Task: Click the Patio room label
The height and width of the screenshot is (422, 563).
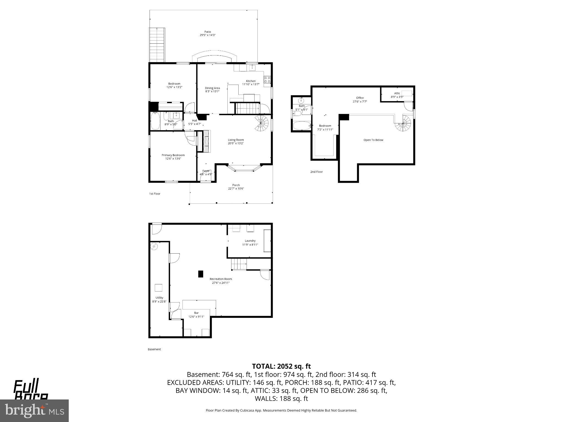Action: (x=208, y=32)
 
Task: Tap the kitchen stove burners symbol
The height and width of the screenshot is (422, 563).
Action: (x=267, y=80)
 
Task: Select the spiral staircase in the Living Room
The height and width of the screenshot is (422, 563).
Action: (x=261, y=123)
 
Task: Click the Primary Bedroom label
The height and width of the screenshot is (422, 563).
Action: (x=173, y=155)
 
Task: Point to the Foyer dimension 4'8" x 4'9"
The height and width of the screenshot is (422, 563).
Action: (x=206, y=174)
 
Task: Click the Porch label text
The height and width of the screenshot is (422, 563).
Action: (x=236, y=185)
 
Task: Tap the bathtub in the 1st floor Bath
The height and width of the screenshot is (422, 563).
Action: (x=155, y=123)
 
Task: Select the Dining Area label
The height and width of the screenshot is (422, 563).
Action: (x=212, y=88)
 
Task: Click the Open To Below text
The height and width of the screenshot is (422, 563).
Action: (x=373, y=140)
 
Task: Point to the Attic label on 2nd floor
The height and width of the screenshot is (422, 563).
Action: (x=397, y=93)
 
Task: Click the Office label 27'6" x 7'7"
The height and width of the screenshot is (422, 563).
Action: (x=360, y=101)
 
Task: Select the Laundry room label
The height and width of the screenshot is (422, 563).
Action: (x=250, y=241)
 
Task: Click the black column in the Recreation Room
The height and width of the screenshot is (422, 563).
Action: (x=201, y=274)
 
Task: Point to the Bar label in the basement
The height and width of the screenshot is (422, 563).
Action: (x=196, y=313)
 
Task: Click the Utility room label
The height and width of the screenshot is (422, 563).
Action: (x=159, y=298)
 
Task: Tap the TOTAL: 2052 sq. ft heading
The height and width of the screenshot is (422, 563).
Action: (x=281, y=366)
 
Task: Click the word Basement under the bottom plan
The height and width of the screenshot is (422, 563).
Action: (x=154, y=349)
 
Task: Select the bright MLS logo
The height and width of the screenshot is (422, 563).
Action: (x=34, y=410)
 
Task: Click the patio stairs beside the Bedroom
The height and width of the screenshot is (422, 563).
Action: (x=157, y=45)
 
